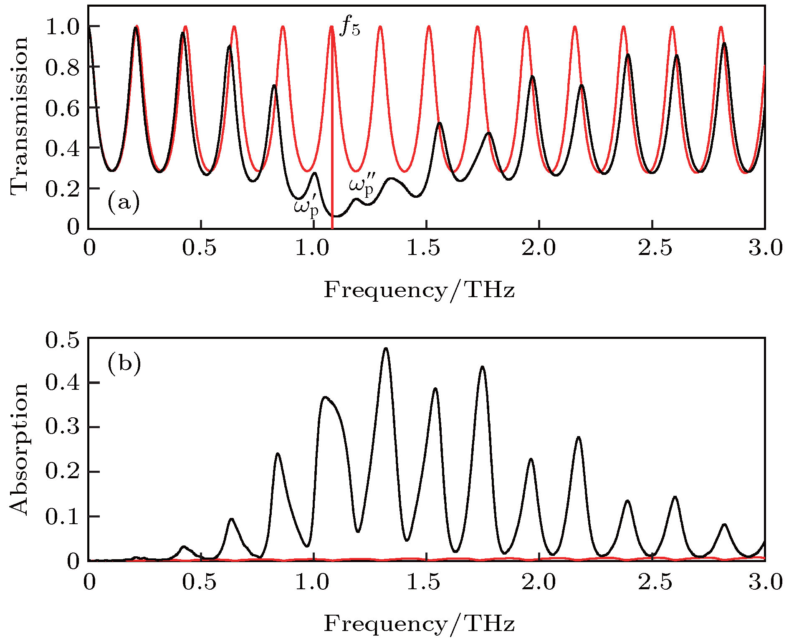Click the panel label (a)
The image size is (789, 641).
click(x=123, y=203)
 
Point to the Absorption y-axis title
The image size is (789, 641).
click(x=19, y=449)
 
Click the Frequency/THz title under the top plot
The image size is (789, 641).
click(x=419, y=290)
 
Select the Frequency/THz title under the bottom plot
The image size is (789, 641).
click(x=419, y=623)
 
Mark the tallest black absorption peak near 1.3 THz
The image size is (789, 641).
click(x=386, y=348)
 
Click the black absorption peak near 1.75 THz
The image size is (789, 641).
click(x=483, y=367)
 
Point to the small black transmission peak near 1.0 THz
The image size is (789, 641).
click(x=314, y=173)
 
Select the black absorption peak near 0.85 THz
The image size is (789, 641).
click(x=278, y=454)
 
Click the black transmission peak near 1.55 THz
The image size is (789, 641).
click(x=439, y=123)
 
